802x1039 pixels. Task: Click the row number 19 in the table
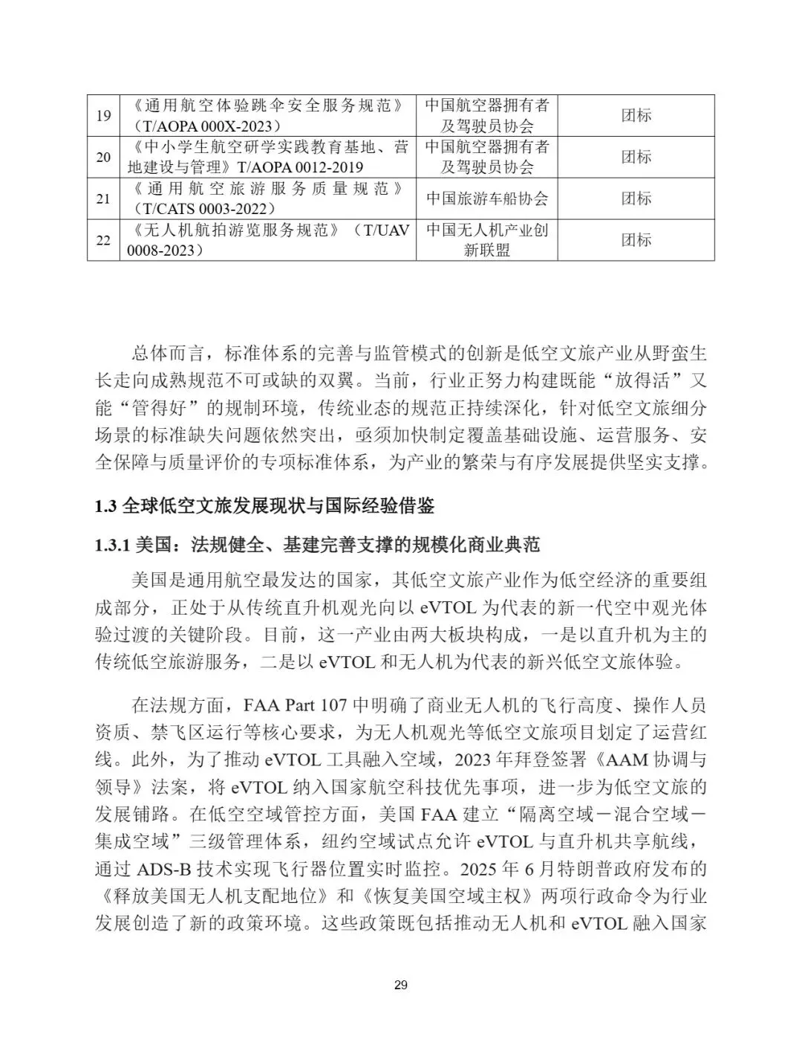pyautogui.click(x=103, y=115)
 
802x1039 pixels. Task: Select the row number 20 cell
pyautogui.click(x=103, y=157)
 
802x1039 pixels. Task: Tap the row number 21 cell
pyautogui.click(x=103, y=198)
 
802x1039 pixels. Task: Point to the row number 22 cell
pyautogui.click(x=103, y=240)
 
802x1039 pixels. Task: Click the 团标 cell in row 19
pyautogui.click(x=636, y=115)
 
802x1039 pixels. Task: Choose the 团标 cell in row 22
pyautogui.click(x=636, y=240)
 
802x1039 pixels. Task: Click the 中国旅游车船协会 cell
pyautogui.click(x=486, y=198)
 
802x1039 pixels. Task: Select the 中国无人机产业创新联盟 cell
pyautogui.click(x=486, y=240)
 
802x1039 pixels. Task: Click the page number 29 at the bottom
pyautogui.click(x=401, y=985)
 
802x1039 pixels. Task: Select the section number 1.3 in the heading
pyautogui.click(x=106, y=507)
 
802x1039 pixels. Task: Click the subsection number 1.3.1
pyautogui.click(x=113, y=546)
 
